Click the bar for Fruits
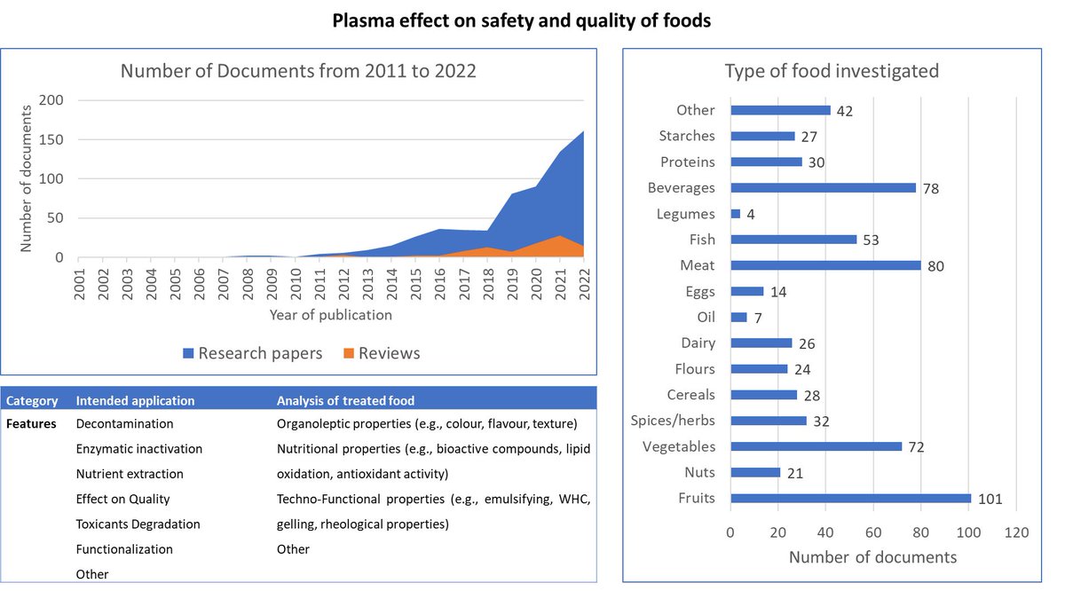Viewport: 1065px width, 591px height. pyautogui.click(x=850, y=498)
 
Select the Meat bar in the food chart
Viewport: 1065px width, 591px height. pyautogui.click(x=825, y=264)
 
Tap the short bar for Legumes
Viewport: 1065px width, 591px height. pyautogui.click(x=735, y=213)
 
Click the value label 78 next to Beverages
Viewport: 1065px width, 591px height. pyautogui.click(x=930, y=188)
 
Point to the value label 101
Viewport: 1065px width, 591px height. pyautogui.click(x=990, y=499)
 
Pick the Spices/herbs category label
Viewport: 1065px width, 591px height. pyautogui.click(x=672, y=421)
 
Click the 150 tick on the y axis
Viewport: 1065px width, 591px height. pyautogui.click(x=51, y=139)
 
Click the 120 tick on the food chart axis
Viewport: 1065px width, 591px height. pyautogui.click(x=1016, y=533)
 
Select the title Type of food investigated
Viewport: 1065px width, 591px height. pyautogui.click(x=832, y=71)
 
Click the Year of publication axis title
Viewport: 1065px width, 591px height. pyautogui.click(x=331, y=314)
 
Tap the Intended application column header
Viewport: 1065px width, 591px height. pyautogui.click(x=135, y=401)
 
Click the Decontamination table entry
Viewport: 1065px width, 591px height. pyautogui.click(x=124, y=424)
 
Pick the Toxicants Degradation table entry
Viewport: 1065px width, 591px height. pyautogui.click(x=138, y=524)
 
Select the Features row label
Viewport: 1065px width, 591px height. pyautogui.click(x=31, y=424)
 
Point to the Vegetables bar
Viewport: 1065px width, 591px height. pyautogui.click(x=816, y=446)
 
